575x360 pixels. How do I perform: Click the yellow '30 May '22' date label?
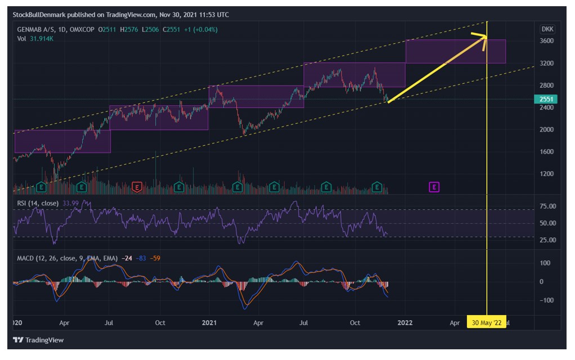coord(486,323)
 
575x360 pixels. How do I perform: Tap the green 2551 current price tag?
coord(546,99)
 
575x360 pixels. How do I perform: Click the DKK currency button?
coord(547,29)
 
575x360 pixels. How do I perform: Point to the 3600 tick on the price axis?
coord(546,40)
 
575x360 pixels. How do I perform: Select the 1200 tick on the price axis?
coord(546,174)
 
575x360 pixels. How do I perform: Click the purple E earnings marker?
coord(434,187)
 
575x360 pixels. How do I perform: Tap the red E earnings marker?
coord(137,187)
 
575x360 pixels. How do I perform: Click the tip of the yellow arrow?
coord(487,37)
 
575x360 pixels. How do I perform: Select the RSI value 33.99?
coord(70,203)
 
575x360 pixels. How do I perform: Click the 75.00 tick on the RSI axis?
coord(547,206)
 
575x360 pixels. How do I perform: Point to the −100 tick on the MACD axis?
coord(545,300)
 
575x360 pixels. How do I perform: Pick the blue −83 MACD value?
coord(141,258)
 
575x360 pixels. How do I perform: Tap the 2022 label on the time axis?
coord(405,323)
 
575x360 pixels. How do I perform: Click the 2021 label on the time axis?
coord(209,323)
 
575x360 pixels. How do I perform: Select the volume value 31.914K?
coord(42,39)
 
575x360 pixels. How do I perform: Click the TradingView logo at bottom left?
coord(38,340)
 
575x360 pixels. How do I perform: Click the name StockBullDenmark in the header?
coord(39,15)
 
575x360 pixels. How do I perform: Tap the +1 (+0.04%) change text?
coord(201,30)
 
